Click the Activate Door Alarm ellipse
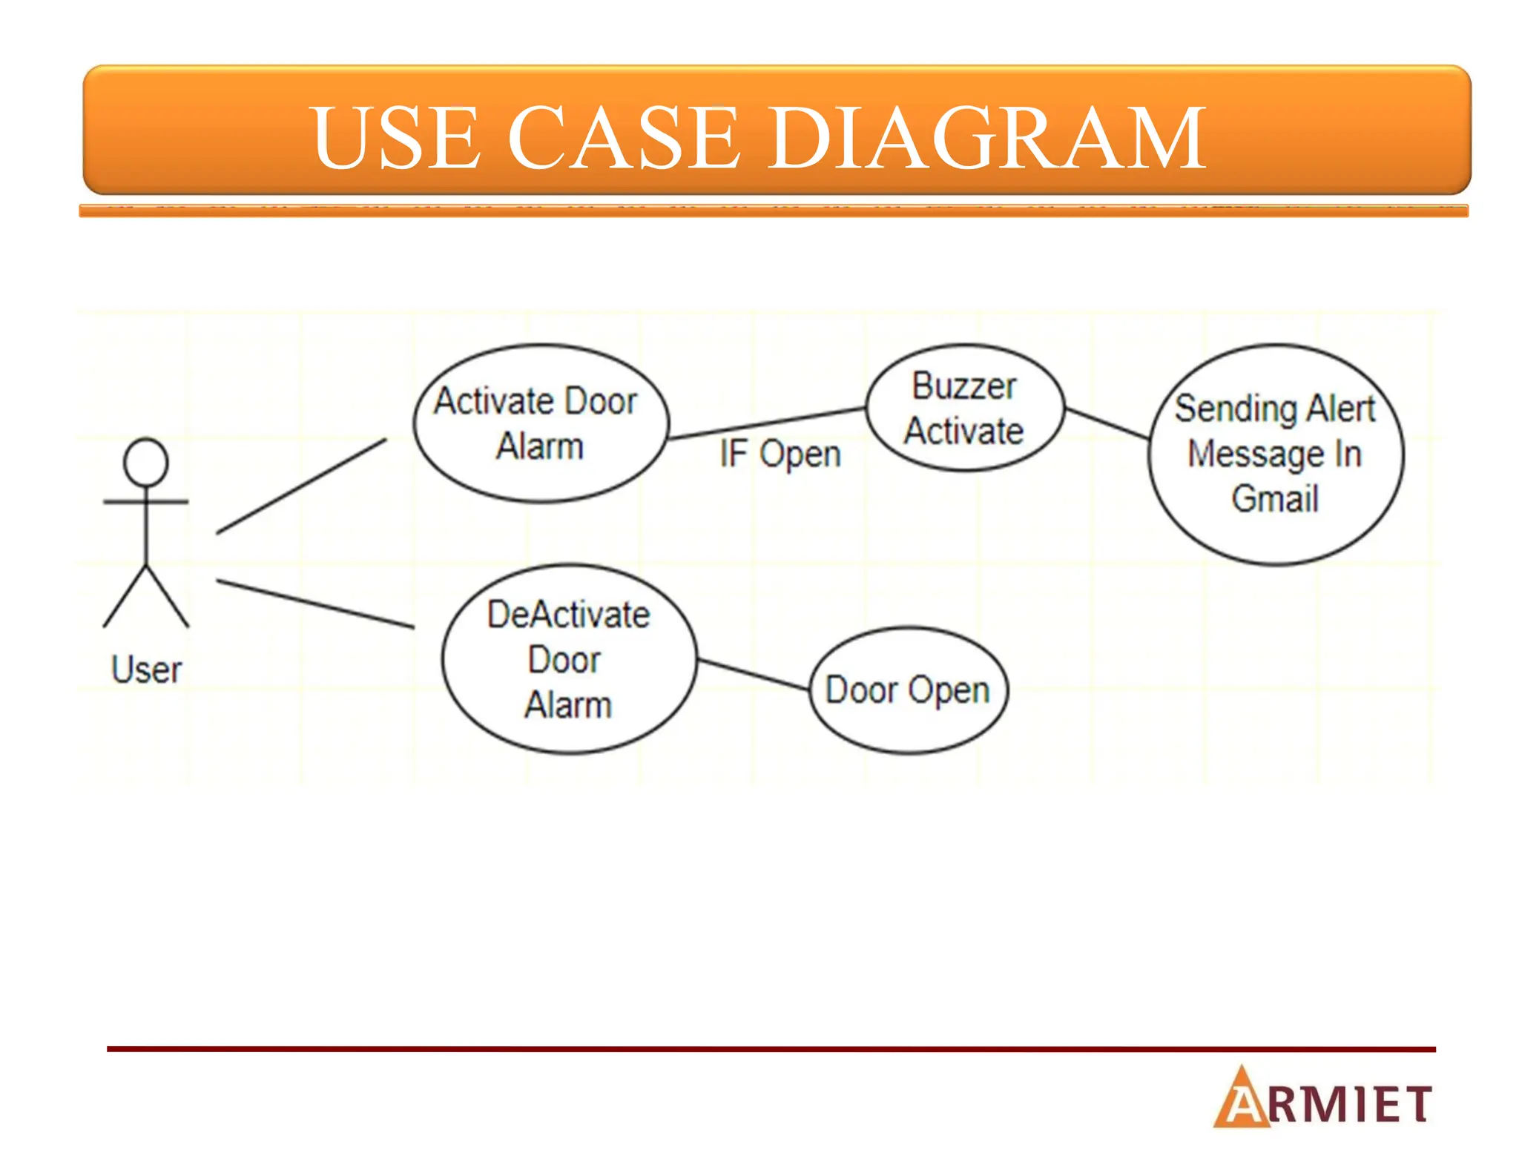click(541, 423)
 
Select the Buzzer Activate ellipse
click(964, 408)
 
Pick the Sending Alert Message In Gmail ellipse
click(1275, 454)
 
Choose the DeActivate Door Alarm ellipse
click(569, 659)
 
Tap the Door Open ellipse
click(908, 690)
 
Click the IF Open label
click(780, 454)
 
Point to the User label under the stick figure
click(146, 670)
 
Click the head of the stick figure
click(146, 462)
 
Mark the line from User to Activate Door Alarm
click(301, 486)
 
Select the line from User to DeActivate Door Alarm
click(315, 604)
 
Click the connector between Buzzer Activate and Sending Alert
click(1107, 423)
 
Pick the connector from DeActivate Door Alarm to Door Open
click(753, 674)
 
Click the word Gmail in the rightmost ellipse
click(1275, 498)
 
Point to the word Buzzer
click(963, 386)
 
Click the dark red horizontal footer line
click(771, 1049)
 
